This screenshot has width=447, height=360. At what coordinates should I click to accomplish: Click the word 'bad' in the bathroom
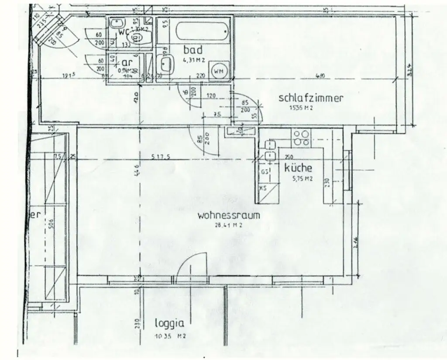pyautogui.click(x=193, y=49)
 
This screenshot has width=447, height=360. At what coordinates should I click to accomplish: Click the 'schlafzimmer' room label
pyautogui.click(x=311, y=98)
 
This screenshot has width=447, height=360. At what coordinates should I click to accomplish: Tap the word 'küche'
pyautogui.click(x=299, y=168)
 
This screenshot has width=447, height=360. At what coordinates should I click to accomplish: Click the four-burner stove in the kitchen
pyautogui.click(x=301, y=138)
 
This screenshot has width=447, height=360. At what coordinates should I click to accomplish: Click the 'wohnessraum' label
pyautogui.click(x=228, y=215)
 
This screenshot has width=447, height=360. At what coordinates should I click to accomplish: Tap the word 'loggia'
pyautogui.click(x=169, y=323)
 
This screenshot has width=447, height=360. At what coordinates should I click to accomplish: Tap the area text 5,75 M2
pyautogui.click(x=302, y=179)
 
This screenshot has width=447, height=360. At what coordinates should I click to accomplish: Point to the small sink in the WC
pyautogui.click(x=116, y=23)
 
